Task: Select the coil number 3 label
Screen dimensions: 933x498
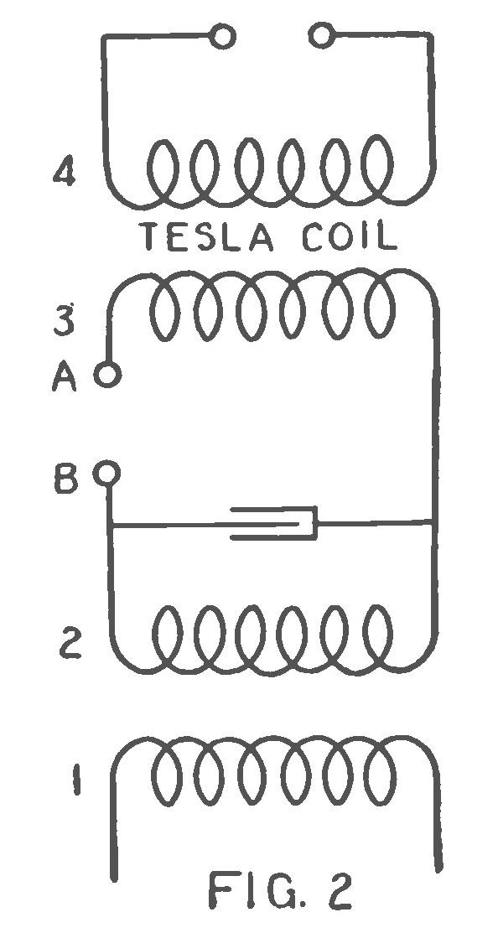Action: click(x=65, y=321)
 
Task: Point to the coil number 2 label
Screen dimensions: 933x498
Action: click(x=68, y=647)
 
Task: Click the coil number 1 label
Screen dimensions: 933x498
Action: click(x=76, y=784)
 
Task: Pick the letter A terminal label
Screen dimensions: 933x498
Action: click(x=65, y=377)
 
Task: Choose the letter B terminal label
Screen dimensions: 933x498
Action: click(x=66, y=481)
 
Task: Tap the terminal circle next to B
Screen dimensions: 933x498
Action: click(x=106, y=474)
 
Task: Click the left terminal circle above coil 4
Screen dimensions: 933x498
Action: click(x=223, y=37)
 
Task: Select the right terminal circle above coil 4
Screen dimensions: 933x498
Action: click(x=321, y=36)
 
